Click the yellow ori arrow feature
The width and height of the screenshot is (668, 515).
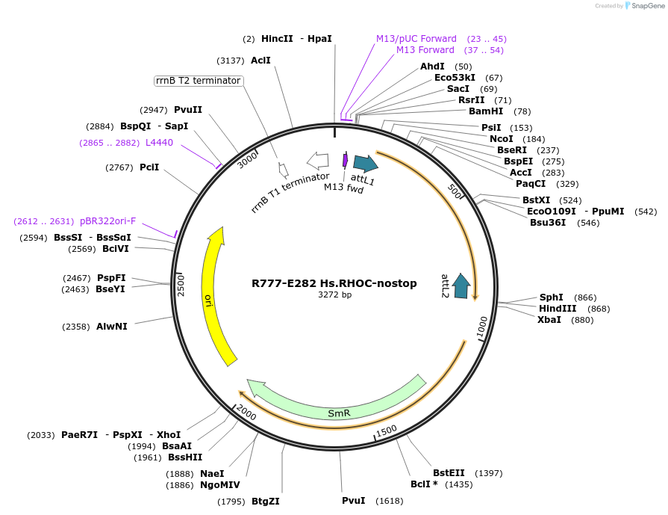tap(210, 299)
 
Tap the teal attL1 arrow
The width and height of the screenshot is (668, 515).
tap(365, 164)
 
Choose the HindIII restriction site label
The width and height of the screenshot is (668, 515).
tap(558, 309)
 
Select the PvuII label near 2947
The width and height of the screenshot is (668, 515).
tap(188, 110)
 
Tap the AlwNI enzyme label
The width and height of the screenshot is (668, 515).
tap(112, 327)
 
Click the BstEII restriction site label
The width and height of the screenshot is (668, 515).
tap(449, 473)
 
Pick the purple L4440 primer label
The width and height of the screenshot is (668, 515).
tap(159, 142)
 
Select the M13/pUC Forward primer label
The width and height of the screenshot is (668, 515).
tap(416, 39)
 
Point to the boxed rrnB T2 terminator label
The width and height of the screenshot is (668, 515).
tap(199, 81)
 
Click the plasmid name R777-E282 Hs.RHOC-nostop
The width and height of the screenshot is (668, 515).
tap(334, 283)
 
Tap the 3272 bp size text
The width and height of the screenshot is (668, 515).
tap(334, 295)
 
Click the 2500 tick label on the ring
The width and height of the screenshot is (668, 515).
tap(181, 285)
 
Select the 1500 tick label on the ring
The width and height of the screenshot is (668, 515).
tap(386, 431)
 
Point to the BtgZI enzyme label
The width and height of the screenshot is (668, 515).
tap(266, 502)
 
